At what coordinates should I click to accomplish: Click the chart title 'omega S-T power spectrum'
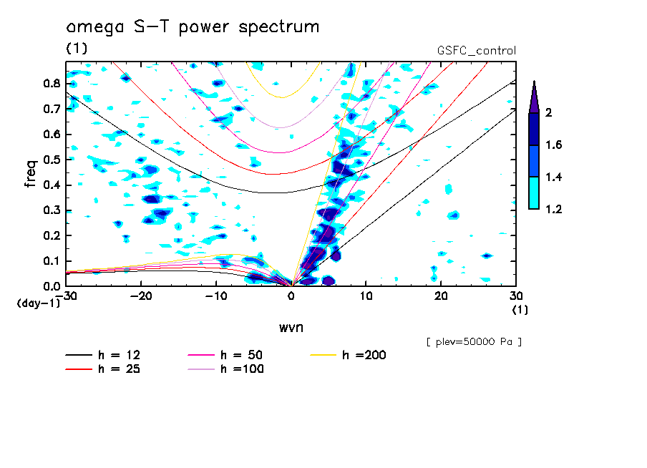[x=192, y=28]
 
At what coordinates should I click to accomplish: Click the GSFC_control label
[x=476, y=51]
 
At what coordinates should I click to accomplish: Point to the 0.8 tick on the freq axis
[x=52, y=83]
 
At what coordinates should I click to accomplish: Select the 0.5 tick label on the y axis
[x=52, y=160]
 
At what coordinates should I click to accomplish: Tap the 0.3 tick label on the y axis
[x=52, y=210]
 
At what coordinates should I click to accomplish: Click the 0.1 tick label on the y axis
[x=52, y=261]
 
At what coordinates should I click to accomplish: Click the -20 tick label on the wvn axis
[x=141, y=296]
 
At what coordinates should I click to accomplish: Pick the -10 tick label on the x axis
[x=215, y=296]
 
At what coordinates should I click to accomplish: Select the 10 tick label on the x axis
[x=366, y=296]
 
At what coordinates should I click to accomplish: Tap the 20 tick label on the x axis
[x=441, y=296]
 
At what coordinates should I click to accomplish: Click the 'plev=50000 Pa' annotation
[x=473, y=342]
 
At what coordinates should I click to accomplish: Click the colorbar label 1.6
[x=555, y=145]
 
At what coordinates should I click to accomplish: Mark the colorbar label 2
[x=550, y=113]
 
